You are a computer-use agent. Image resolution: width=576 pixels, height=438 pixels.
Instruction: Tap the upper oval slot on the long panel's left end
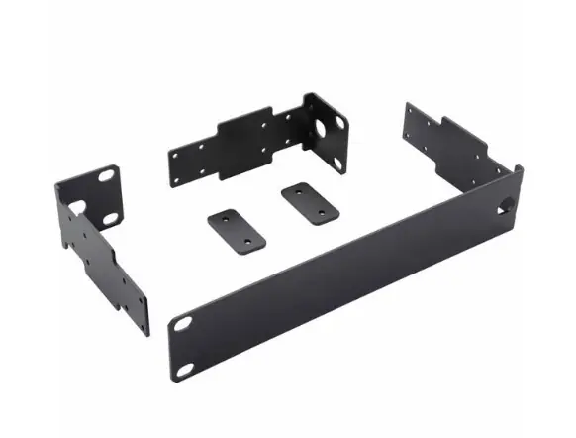coord(184,322)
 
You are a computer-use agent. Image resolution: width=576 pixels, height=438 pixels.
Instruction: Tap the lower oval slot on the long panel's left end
coord(185,369)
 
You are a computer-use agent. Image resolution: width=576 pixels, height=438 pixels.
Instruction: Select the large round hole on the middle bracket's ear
coord(322,133)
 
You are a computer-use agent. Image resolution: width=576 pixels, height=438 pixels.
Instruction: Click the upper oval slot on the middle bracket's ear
coord(339,122)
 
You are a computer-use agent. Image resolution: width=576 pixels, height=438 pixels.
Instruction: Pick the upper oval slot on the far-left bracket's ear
coord(105,175)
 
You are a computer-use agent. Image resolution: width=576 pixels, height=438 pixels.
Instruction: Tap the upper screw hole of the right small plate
coord(293,188)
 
